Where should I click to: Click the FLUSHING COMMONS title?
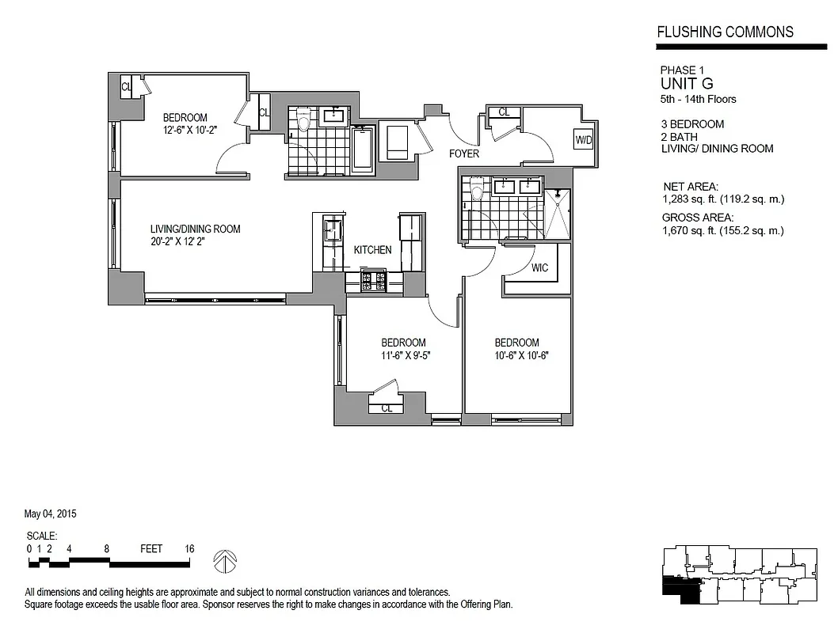pos(725,32)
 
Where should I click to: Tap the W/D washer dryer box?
pos(584,140)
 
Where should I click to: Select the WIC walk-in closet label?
pos(539,268)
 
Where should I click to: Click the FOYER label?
pos(463,154)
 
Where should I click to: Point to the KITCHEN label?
pos(372,250)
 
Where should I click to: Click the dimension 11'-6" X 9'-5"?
pos(403,355)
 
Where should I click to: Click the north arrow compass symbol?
pos(225,561)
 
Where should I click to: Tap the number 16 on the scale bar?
pos(189,548)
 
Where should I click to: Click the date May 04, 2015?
pos(51,514)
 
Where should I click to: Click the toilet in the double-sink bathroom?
pos(477,191)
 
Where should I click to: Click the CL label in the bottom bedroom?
pos(387,408)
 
